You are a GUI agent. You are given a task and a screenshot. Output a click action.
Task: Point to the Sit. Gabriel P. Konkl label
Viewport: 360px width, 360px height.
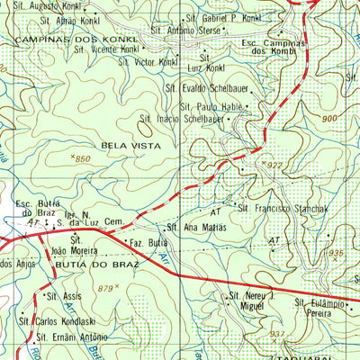(x=222, y=18)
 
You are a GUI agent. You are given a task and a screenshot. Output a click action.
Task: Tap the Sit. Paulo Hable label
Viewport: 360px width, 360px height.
(x=215, y=104)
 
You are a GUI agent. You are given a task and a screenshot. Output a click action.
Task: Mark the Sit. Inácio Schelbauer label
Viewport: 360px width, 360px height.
(x=182, y=118)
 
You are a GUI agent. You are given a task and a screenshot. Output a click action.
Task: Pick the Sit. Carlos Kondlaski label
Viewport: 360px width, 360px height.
(x=60, y=319)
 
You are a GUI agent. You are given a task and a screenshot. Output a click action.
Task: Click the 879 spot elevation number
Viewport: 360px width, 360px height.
(x=107, y=288)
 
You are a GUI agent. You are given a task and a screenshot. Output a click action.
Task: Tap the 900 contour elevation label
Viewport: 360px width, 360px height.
(x=328, y=119)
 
